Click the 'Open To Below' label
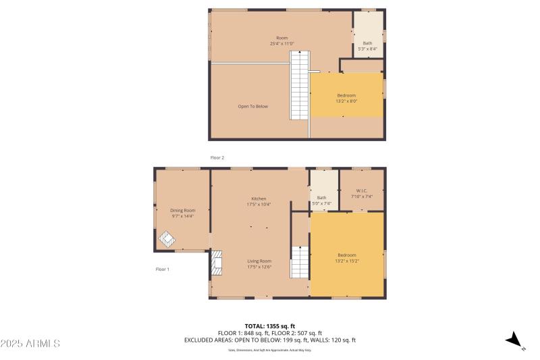pos(252,106)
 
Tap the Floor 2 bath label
pos(367,46)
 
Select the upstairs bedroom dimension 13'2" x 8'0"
pos(346,101)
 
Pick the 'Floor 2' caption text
pos(217,157)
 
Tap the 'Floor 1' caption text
pos(162,269)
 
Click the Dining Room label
pos(182,213)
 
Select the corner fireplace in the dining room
pos(167,239)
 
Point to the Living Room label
pos(259,264)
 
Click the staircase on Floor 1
pos(299,262)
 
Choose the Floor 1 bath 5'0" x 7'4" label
pos(321,200)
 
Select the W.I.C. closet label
pos(361,194)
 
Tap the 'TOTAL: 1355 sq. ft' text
pos(269,326)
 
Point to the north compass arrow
pos(514,340)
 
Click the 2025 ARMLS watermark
pos(30,344)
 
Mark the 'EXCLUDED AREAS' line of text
pos(269,340)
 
